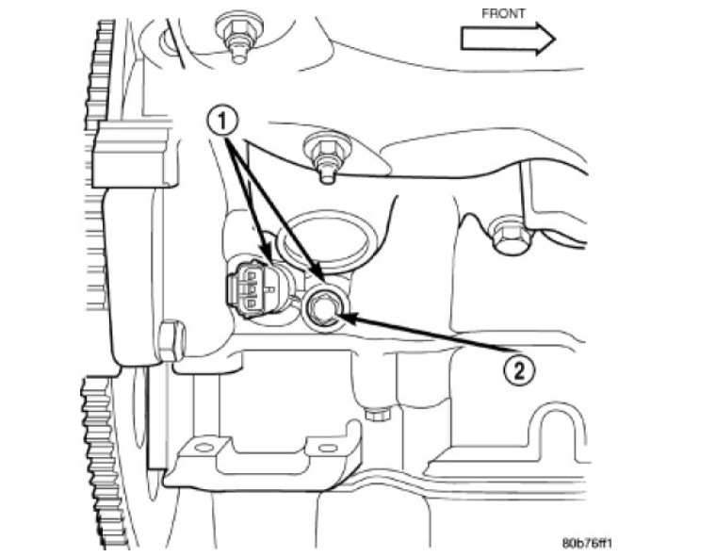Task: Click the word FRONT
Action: [503, 14]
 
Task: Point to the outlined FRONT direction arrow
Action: [507, 38]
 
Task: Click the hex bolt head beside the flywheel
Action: [170, 341]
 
